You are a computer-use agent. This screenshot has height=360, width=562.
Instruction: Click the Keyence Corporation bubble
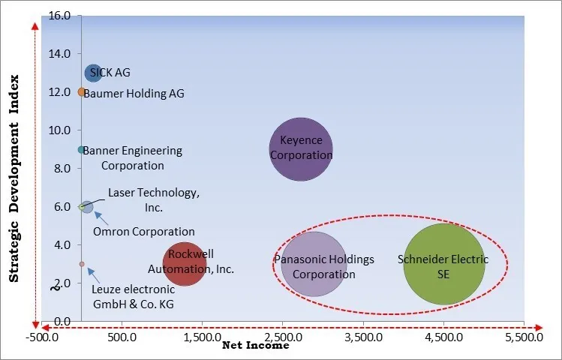click(x=300, y=148)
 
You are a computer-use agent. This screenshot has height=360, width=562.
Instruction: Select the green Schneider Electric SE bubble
click(x=443, y=264)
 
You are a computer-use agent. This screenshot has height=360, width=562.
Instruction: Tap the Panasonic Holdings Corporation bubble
click(x=314, y=264)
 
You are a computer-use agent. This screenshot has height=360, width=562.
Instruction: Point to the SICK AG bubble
click(x=93, y=73)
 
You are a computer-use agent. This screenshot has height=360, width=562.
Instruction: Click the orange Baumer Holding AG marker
click(x=82, y=92)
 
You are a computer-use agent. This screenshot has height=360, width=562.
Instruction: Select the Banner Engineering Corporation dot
click(x=81, y=150)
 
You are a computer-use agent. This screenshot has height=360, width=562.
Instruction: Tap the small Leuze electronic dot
click(x=82, y=264)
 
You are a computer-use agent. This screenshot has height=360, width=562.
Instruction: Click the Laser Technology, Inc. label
click(x=154, y=199)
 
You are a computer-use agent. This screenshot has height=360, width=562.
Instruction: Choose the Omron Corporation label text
click(x=143, y=232)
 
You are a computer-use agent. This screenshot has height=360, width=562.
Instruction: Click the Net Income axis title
click(x=255, y=346)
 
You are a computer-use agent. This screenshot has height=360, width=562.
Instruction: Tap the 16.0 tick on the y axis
click(x=60, y=15)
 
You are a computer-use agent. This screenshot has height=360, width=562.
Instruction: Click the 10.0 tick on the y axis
click(x=60, y=130)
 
